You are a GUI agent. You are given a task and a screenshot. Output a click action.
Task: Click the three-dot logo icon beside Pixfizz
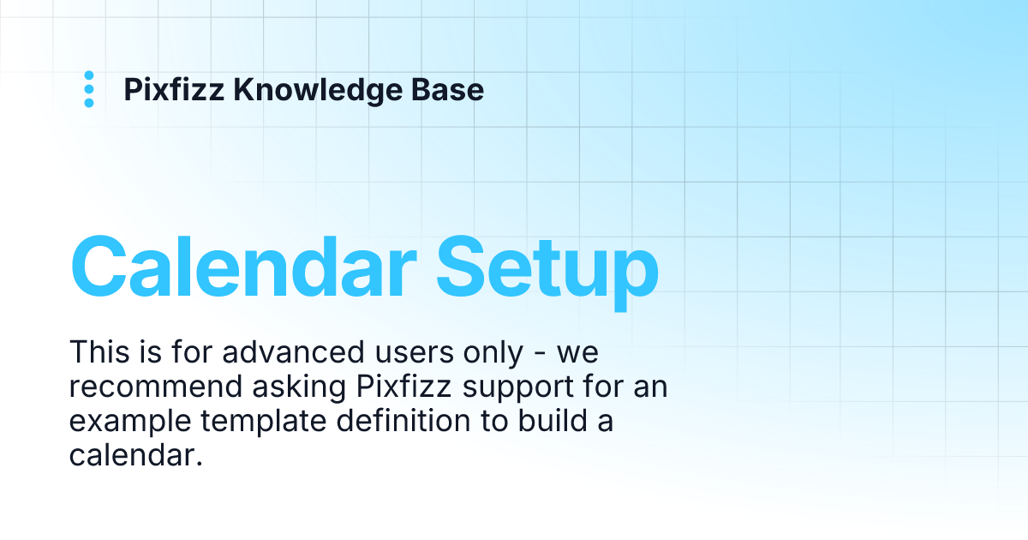tap(89, 90)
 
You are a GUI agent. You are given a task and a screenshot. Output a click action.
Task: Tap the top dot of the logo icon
tap(89, 76)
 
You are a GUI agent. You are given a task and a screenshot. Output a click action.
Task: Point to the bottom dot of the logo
tap(89, 104)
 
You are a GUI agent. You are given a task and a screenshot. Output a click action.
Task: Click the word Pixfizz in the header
tap(174, 90)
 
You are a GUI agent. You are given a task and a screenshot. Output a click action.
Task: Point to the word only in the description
tap(490, 352)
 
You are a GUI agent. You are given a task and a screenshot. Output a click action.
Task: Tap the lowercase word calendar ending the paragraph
tap(134, 456)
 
